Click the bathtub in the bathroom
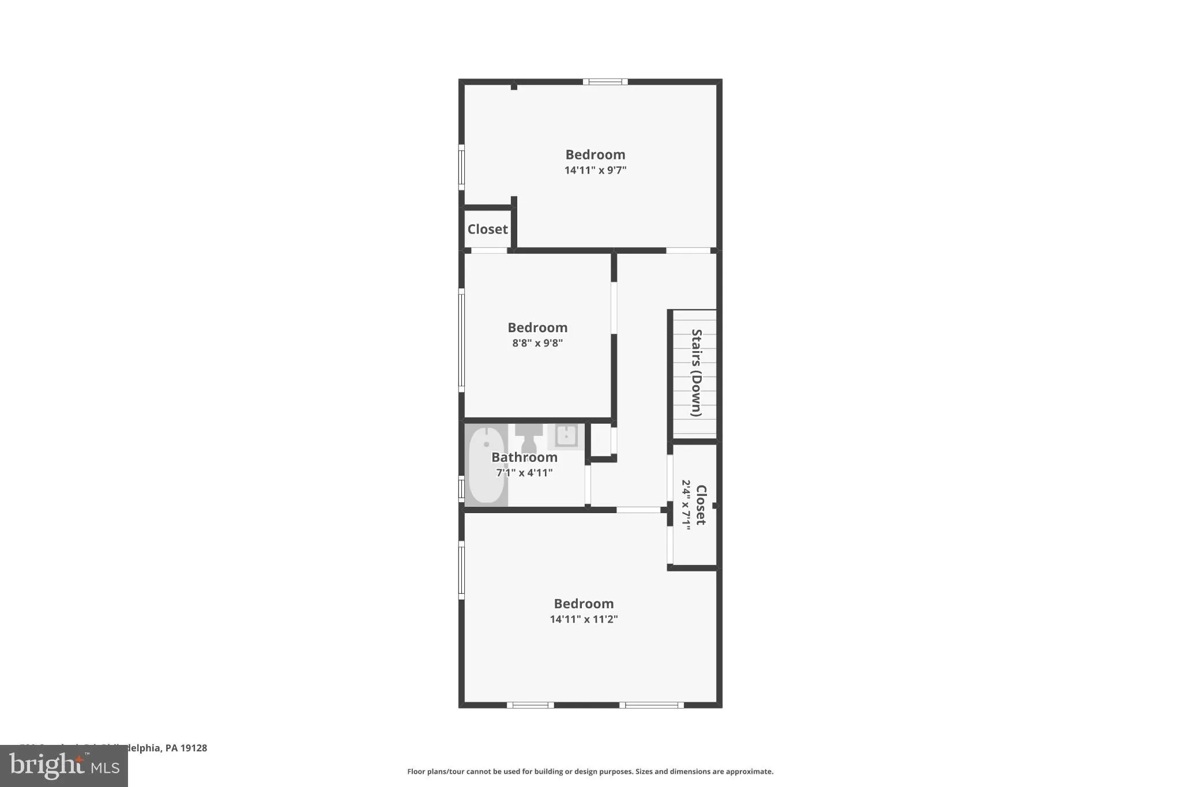tap(486, 465)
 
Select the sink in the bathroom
tap(566, 436)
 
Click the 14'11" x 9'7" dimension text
tap(595, 170)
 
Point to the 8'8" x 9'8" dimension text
tap(537, 343)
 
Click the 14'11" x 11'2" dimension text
tap(584, 619)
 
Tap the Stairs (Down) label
tap(697, 373)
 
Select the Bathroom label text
tap(524, 457)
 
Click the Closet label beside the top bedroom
tap(487, 229)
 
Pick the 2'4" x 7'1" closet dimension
tap(686, 505)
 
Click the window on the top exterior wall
tap(605, 82)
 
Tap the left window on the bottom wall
tap(530, 705)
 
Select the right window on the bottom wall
tap(652, 705)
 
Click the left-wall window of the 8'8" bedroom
tap(461, 340)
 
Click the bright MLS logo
tap(63, 766)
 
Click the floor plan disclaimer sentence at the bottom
tap(590, 771)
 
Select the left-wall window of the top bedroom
tap(461, 167)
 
